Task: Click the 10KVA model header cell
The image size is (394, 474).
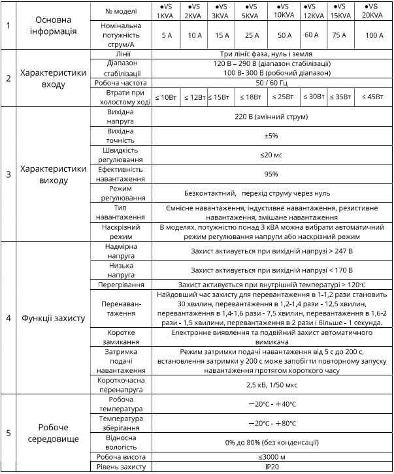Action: click(x=284, y=12)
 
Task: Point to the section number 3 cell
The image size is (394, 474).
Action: click(x=8, y=174)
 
